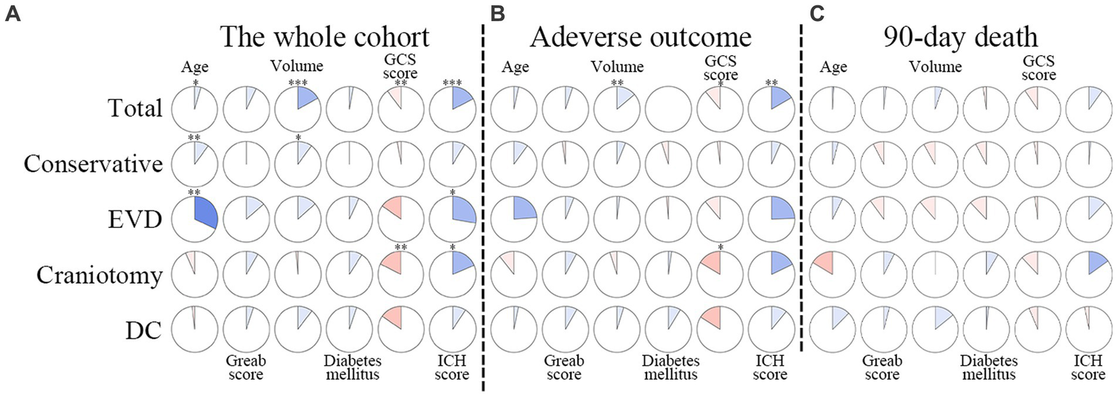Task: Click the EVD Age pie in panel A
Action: [194, 216]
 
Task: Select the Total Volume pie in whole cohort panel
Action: [298, 110]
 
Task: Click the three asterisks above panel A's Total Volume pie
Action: [298, 84]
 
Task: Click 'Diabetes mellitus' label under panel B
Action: [670, 367]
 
